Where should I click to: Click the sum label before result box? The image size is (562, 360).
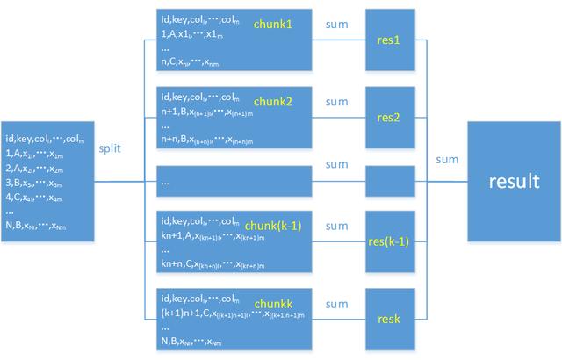(445, 159)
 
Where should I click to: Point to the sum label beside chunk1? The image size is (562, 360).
(337, 26)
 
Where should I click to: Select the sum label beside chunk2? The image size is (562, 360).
(337, 101)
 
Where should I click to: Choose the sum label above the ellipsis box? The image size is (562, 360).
(337, 164)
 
